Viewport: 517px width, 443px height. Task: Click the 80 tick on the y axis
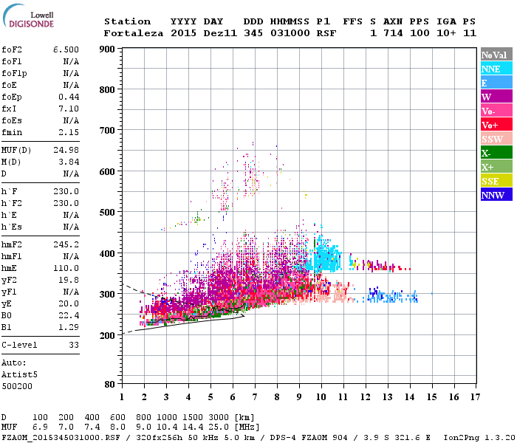tap(109, 385)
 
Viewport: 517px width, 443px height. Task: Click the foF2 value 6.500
tap(66, 48)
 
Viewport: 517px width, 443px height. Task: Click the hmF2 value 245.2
tap(66, 244)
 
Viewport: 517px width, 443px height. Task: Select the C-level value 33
tap(73, 344)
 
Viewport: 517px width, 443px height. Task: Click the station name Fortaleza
tap(134, 33)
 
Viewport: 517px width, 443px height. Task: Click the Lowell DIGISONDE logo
tap(30, 19)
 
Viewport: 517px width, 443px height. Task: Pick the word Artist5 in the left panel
tap(19, 374)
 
